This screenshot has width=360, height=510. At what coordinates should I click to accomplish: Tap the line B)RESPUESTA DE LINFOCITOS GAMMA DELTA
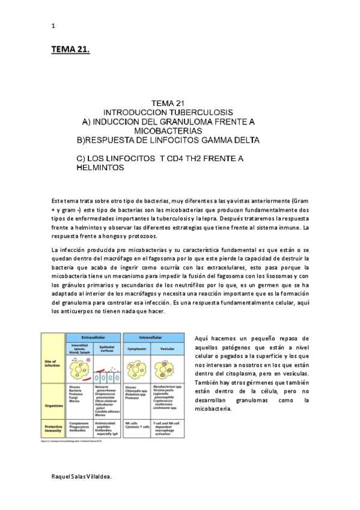(168, 140)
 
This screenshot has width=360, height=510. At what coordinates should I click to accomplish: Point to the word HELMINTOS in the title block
(100, 168)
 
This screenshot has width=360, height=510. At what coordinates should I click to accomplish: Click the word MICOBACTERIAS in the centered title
(168, 131)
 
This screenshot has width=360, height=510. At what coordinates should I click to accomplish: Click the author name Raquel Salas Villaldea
(82, 475)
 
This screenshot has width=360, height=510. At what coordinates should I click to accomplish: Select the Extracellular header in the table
(93, 337)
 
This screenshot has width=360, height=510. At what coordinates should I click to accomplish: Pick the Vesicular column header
(171, 348)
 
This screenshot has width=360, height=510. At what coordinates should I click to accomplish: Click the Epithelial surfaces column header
(108, 348)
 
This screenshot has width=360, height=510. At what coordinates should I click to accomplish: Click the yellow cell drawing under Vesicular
(171, 367)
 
